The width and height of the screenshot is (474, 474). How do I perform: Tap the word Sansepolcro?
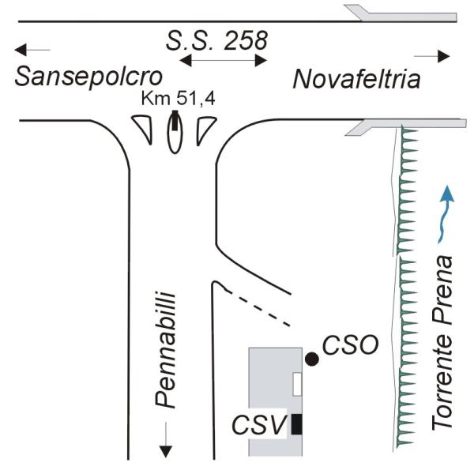click(88, 77)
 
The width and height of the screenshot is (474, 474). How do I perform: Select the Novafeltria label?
click(357, 79)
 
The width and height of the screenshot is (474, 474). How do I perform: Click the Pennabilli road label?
click(165, 348)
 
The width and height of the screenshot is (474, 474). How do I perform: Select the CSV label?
click(259, 425)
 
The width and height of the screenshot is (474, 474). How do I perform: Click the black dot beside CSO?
click(312, 359)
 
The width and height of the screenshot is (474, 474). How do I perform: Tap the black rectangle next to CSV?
click(296, 424)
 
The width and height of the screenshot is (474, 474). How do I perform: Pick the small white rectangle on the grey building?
click(297, 384)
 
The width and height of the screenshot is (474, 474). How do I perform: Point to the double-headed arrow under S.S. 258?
click(224, 60)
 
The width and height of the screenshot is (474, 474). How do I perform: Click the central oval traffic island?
click(175, 136)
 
